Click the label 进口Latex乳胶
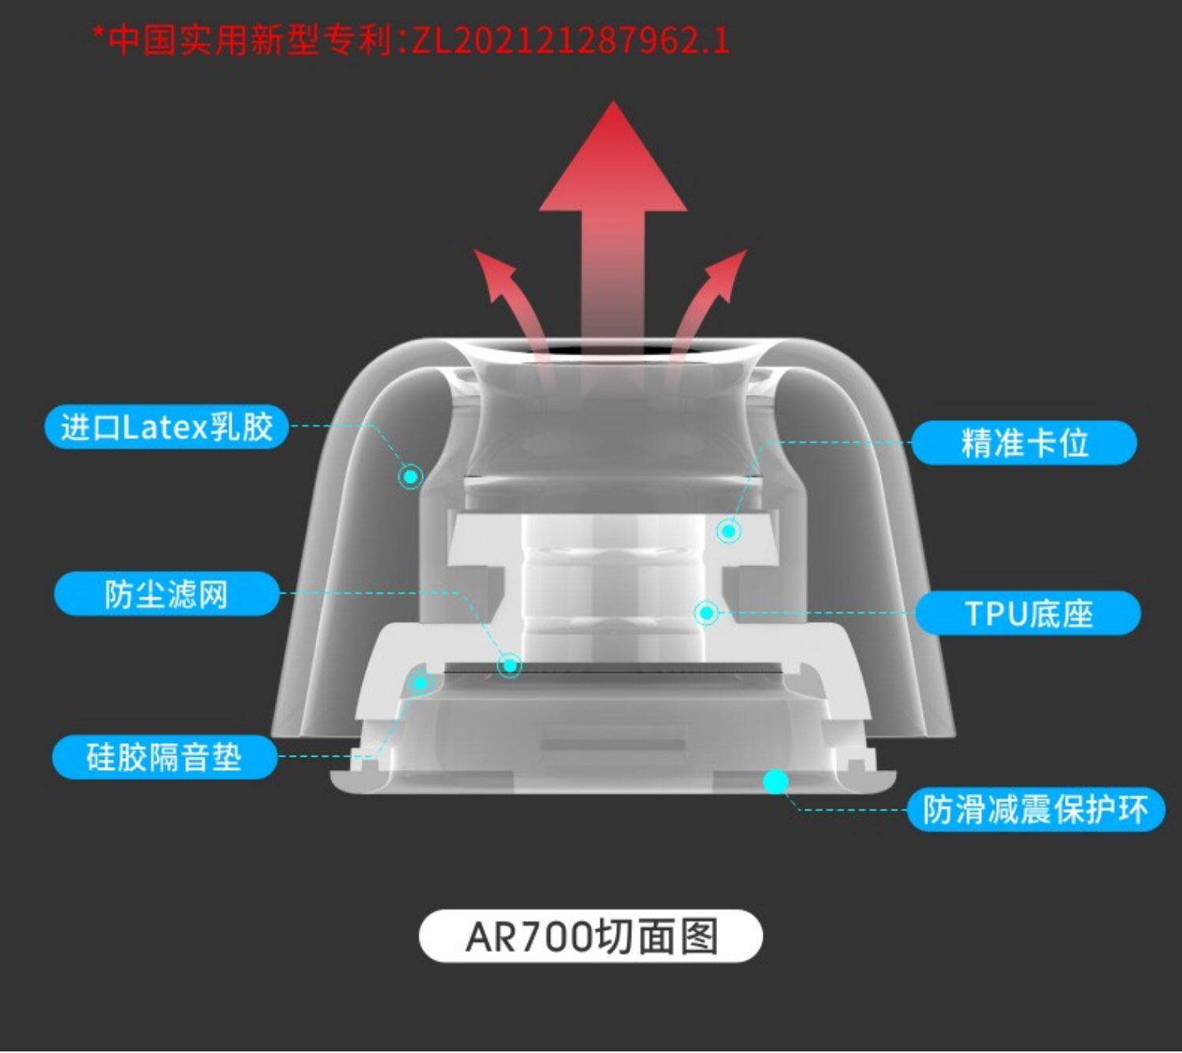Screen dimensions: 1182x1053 click(166, 427)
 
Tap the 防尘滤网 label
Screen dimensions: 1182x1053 click(166, 594)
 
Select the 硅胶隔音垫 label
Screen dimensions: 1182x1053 click(164, 757)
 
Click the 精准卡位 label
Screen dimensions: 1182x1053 click(1024, 443)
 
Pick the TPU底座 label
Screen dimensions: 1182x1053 click(1028, 613)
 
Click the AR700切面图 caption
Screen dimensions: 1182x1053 click(591, 936)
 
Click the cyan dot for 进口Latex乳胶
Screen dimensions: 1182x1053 click(411, 476)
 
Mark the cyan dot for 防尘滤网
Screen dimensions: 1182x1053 click(510, 666)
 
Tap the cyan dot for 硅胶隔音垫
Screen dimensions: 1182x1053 click(421, 683)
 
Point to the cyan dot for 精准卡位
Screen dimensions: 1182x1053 click(729, 531)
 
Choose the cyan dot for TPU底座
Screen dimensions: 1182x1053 click(707, 612)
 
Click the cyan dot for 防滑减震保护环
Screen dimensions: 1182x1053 click(776, 781)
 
